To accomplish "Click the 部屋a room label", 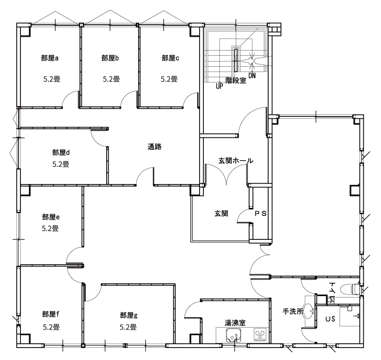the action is pos(50,58).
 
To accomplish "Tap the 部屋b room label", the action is pos(110,58).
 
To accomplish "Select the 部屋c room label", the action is pos(170,58).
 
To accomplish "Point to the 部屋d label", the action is pos(61,153).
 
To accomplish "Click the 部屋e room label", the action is pos(51,217).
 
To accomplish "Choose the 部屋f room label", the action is pos(51,314).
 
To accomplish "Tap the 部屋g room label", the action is pos(129,315).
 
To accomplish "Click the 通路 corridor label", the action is pos(154,147).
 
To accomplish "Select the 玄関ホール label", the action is pos(236,161).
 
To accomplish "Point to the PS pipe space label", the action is pos(261,214).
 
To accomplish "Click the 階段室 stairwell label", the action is pos(236,80).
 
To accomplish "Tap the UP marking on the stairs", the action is pos(220,86).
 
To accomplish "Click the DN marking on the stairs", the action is pos(252,76).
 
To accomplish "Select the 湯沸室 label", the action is pos(235,323).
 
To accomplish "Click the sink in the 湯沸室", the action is pos(233,335).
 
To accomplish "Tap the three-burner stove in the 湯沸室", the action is pos(260,335).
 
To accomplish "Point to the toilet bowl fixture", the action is pos(350,289).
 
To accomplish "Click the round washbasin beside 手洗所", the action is pos(309,311).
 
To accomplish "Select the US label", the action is pos(330,319).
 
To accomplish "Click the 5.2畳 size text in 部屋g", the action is pos(128,327).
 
